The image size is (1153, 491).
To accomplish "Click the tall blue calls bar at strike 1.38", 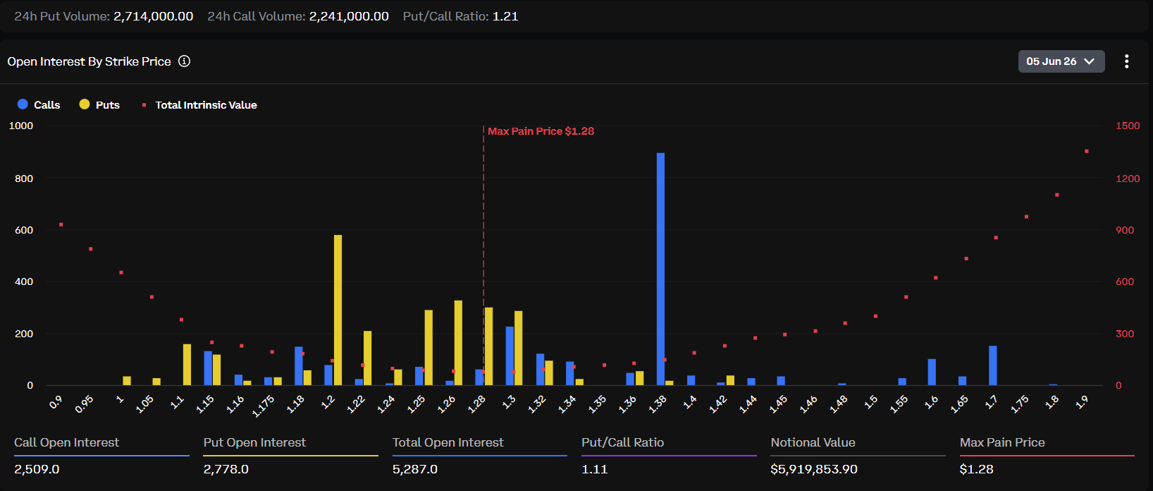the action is tap(660, 269).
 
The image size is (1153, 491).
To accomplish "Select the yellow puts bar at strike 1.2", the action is tap(338, 310).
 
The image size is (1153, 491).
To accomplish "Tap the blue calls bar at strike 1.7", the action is tap(993, 366).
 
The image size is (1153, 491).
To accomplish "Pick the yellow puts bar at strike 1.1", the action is tap(187, 365).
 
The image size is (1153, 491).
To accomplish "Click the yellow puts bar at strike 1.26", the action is tap(458, 343).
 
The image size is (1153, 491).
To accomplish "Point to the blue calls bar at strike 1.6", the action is tap(932, 372).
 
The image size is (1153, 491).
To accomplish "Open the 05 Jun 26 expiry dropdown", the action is tap(1061, 61).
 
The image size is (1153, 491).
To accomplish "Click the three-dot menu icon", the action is tap(1127, 61).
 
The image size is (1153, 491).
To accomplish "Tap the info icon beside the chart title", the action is tap(184, 61).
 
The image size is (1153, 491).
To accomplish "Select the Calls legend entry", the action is tap(39, 104).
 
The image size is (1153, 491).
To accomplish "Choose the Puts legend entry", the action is tap(99, 104).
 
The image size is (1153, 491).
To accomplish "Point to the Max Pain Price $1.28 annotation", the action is tap(541, 131).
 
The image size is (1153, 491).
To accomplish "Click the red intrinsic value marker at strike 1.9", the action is tap(1087, 152).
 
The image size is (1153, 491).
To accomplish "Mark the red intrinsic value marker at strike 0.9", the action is tap(61, 224).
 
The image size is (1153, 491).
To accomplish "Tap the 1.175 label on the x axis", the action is tap(264, 406).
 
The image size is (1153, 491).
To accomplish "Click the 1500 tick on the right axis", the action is tap(1127, 126).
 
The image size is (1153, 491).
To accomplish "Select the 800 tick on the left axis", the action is tap(24, 178).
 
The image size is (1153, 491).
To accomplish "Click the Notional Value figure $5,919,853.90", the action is tap(814, 469).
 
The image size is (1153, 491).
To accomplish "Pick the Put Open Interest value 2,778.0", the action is tap(226, 469).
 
